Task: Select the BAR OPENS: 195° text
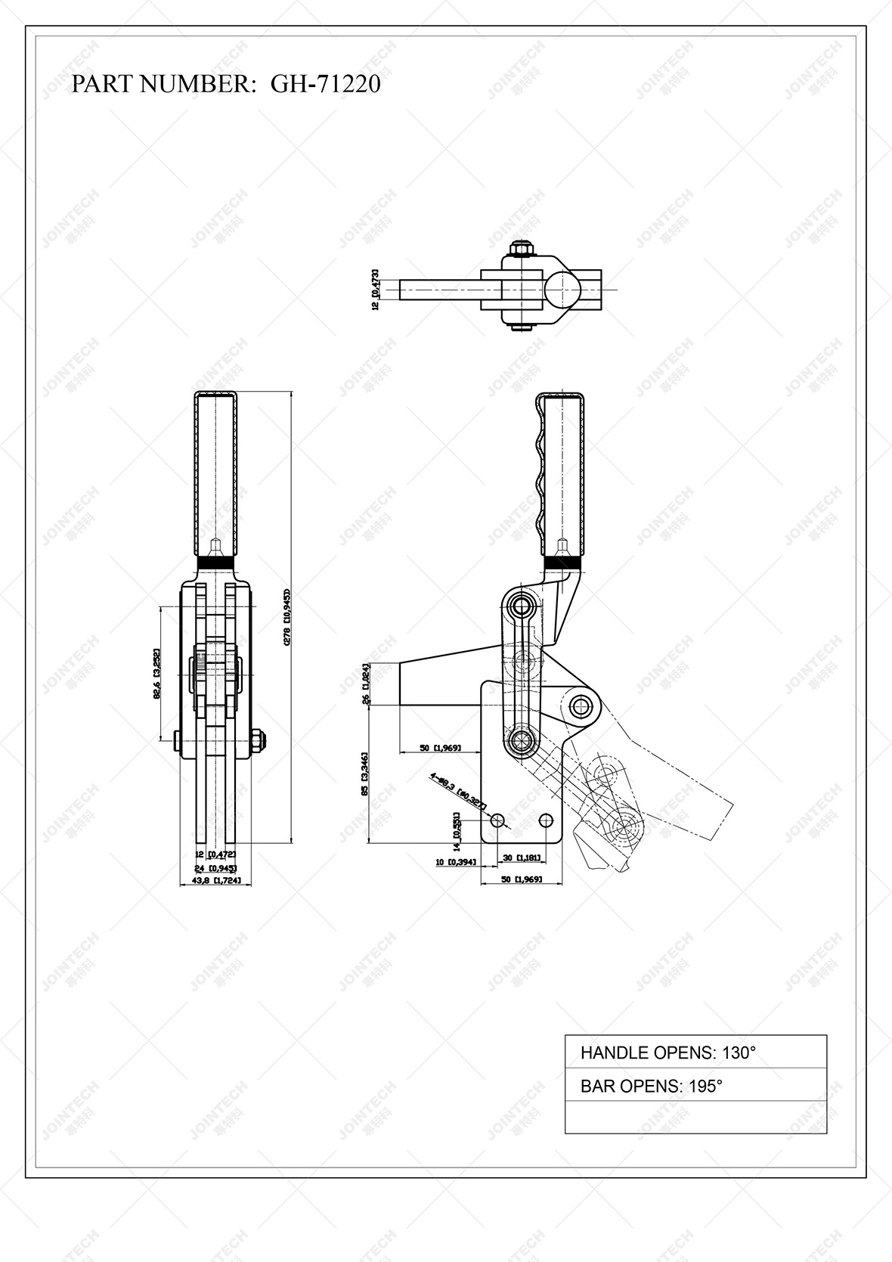pos(651,1086)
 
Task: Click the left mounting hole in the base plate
pos(497,820)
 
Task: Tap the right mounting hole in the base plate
pos(547,820)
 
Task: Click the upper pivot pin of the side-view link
pos(521,605)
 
